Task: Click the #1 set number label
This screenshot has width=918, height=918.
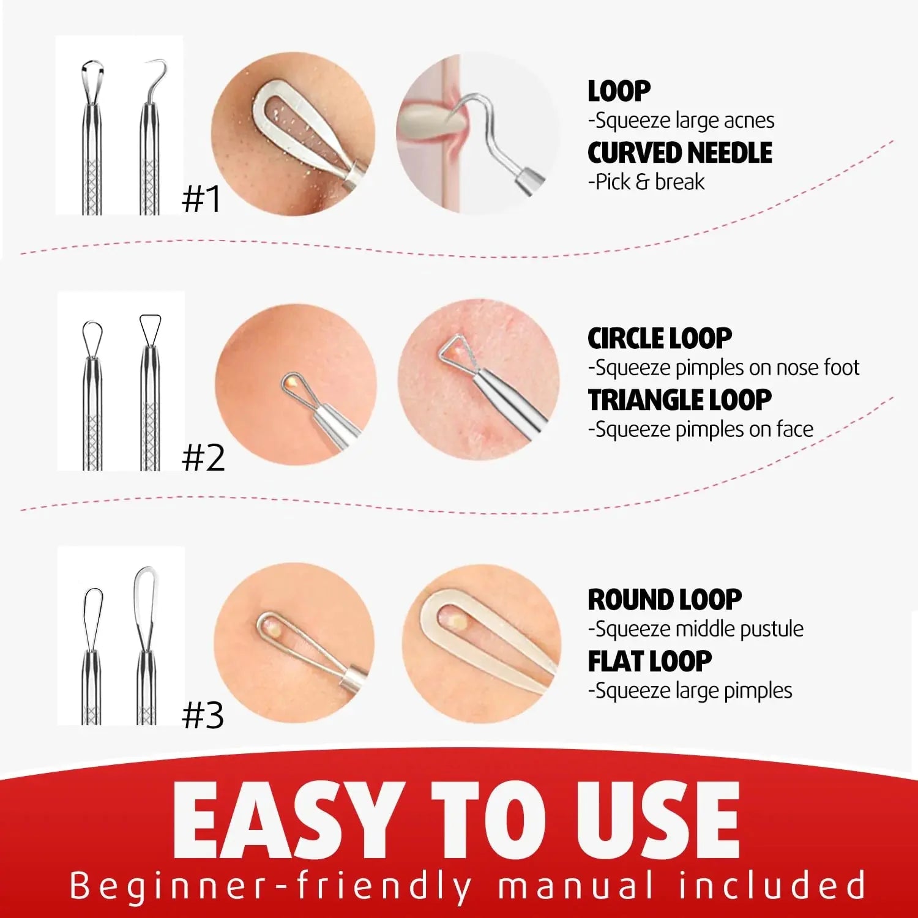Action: tap(201, 199)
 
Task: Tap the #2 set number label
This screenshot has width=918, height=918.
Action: tap(203, 458)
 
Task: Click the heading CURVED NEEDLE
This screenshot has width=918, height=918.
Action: tap(679, 153)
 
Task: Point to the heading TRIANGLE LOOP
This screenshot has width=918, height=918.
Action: tap(679, 400)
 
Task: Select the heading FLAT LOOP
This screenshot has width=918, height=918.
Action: tap(649, 661)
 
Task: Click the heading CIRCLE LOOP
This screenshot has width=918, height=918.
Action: tap(659, 338)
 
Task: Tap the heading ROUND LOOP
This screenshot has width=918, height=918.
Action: tap(665, 599)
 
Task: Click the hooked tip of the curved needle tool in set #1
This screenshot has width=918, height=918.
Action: tap(159, 64)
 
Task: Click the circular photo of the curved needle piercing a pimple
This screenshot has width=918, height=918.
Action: tap(477, 133)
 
